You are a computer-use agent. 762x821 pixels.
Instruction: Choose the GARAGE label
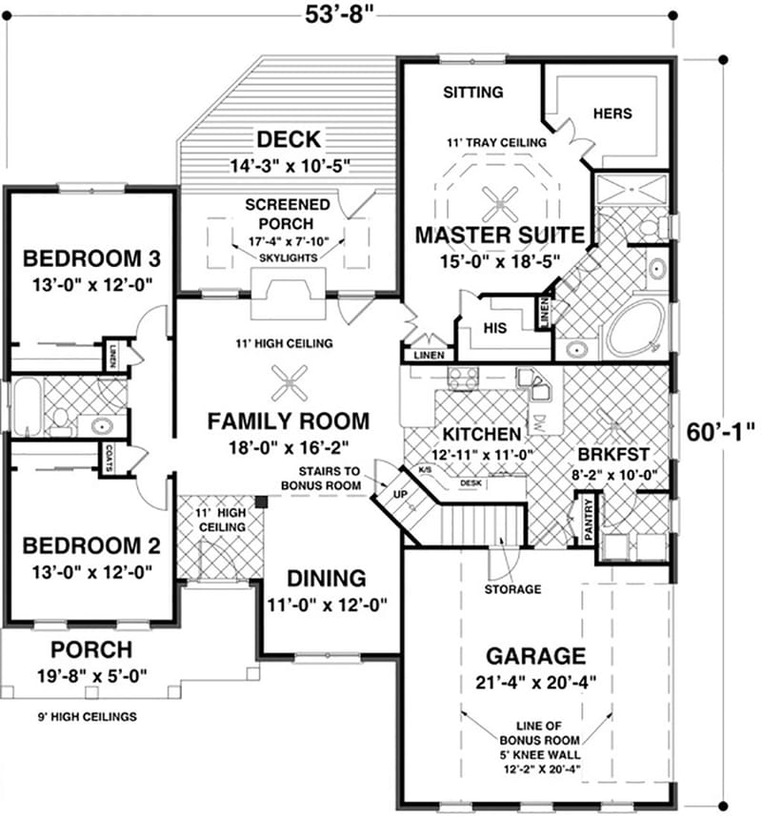tap(535, 656)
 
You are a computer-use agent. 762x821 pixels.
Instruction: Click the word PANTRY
tap(588, 521)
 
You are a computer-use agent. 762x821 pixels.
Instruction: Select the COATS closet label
tap(112, 454)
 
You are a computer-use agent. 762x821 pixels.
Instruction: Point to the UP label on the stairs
tap(399, 494)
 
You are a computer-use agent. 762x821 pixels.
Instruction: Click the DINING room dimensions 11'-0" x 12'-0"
tap(327, 604)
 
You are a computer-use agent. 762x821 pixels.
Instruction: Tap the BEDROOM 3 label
tap(90, 258)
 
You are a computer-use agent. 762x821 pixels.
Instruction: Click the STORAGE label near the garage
tap(511, 589)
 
